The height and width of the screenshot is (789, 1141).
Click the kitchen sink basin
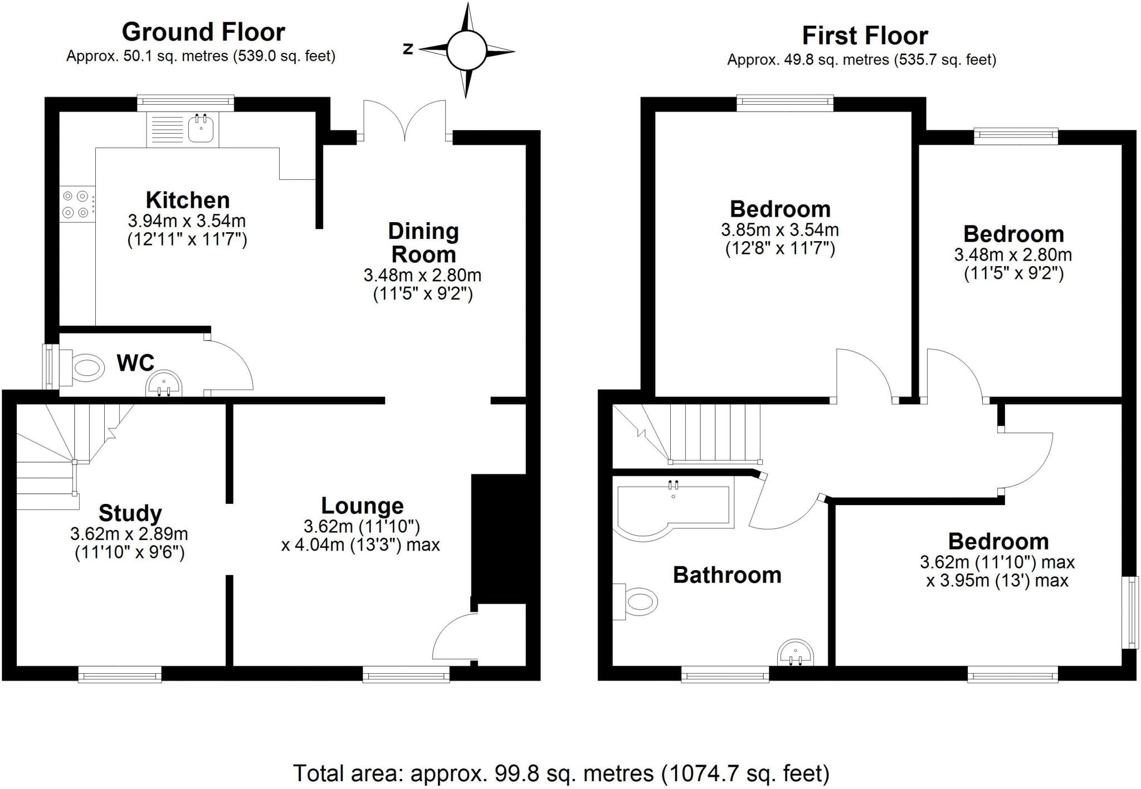pyautogui.click(x=201, y=130)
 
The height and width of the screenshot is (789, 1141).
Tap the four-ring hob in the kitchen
pyautogui.click(x=76, y=204)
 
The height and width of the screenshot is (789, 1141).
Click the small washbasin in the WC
pyautogui.click(x=164, y=384)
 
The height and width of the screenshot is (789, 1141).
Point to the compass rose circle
pyautogui.click(x=466, y=51)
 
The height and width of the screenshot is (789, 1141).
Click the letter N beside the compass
pyautogui.click(x=408, y=50)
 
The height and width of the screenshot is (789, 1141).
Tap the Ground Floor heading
pyautogui.click(x=203, y=32)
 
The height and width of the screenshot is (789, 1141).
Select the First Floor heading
pyautogui.click(x=865, y=36)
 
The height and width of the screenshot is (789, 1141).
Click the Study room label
pyautogui.click(x=130, y=513)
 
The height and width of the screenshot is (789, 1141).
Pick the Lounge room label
pyautogui.click(x=362, y=506)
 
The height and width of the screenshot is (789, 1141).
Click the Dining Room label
pyautogui.click(x=423, y=243)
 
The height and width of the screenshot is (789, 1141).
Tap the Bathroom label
pyautogui.click(x=727, y=575)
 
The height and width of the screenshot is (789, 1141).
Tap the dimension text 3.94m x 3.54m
pyautogui.click(x=187, y=221)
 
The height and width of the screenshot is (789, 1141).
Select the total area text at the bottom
pyautogui.click(x=561, y=773)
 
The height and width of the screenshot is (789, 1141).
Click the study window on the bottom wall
pyautogui.click(x=120, y=676)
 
